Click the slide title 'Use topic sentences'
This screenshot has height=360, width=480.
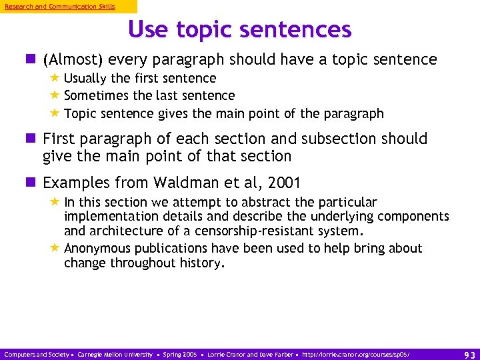[239, 29]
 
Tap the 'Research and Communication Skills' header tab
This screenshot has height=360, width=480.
[60, 7]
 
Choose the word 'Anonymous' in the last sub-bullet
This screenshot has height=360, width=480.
[98, 249]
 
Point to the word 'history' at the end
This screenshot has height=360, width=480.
[201, 263]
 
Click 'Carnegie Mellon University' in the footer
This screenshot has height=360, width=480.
[115, 354]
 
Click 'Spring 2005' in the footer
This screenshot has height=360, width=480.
[179, 354]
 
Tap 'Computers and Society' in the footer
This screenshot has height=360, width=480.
[37, 354]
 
